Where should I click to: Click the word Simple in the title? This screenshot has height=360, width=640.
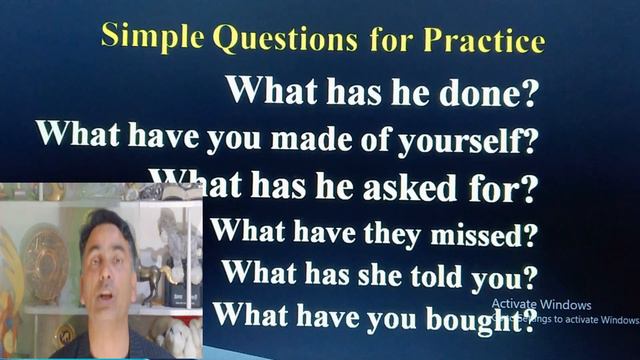point(151,37)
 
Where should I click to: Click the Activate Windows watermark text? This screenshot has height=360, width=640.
point(541,305)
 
